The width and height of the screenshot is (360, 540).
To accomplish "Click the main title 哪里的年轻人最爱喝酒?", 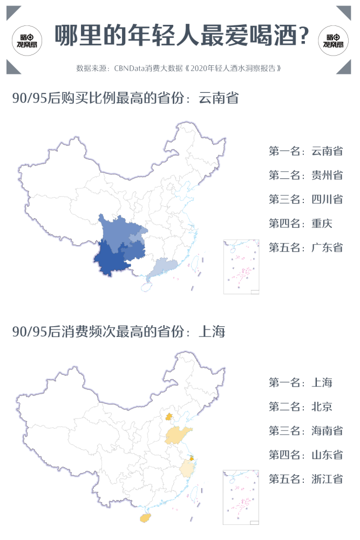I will click(182, 36).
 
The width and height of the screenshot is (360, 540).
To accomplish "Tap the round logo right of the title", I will click(334, 37).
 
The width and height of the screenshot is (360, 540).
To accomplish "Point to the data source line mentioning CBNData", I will click(180, 69).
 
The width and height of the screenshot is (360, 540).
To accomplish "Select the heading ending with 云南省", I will click(125, 98).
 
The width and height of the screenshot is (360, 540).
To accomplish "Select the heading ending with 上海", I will click(118, 332).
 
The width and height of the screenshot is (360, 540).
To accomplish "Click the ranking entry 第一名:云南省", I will click(305, 151).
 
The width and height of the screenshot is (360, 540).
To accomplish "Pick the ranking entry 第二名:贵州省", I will click(305, 175).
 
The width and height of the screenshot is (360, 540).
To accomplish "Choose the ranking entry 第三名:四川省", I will click(305, 199).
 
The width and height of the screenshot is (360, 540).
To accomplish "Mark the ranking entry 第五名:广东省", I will click(305, 247).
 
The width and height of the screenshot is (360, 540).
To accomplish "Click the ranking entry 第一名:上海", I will click(300, 383).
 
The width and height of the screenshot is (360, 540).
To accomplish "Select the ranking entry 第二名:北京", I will click(300, 407).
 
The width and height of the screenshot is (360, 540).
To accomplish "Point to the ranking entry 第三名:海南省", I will click(305, 430).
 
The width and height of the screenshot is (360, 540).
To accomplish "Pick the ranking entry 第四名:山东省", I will click(305, 455).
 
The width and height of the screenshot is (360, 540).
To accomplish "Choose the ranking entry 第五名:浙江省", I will click(305, 479).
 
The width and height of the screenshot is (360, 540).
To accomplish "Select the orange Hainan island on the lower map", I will click(145, 518).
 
